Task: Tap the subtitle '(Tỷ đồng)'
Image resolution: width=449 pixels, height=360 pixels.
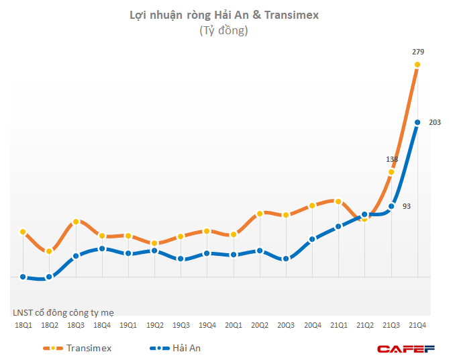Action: click(223, 30)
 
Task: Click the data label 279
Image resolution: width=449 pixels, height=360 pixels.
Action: click(417, 52)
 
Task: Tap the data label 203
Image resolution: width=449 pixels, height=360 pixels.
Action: click(434, 122)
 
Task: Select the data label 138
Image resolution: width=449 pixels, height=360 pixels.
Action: click(392, 159)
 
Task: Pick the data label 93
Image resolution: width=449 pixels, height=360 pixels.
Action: click(407, 206)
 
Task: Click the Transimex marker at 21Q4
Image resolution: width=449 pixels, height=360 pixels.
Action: click(417, 65)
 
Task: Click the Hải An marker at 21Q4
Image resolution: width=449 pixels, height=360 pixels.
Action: click(417, 122)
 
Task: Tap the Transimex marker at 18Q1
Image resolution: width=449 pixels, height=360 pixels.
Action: click(23, 232)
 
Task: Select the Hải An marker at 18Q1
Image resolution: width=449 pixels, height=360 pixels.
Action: click(23, 277)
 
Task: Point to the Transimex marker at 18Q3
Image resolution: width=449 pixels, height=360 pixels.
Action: click(76, 222)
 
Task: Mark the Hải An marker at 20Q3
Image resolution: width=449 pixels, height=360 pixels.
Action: click(286, 259)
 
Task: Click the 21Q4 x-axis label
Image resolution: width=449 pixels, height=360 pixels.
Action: click(417, 325)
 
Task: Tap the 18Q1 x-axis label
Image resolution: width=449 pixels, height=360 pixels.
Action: click(23, 325)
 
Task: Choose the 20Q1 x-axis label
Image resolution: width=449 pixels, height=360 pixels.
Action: click(234, 325)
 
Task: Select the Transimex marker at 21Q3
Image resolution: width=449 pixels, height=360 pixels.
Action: click(391, 172)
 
